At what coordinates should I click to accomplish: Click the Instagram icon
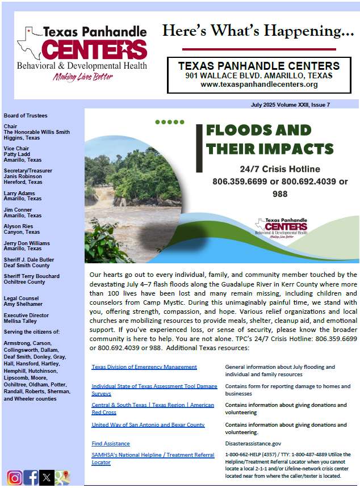15,477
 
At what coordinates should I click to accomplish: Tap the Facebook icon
31,477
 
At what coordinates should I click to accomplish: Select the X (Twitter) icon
47,477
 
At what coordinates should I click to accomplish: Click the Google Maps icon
62,477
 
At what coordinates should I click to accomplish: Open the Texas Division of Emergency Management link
144,367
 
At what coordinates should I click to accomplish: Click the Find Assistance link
111,443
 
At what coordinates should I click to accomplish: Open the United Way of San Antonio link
148,424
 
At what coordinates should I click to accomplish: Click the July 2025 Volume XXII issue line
290,104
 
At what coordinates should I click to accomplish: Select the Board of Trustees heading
26,116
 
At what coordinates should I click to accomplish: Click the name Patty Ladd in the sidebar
16,154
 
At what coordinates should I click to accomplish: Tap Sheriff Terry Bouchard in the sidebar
31,276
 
